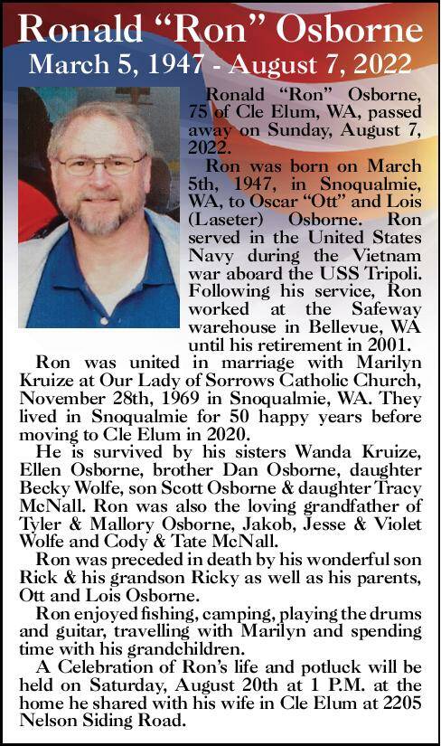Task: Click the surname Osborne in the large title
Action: (353, 30)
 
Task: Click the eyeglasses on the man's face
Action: (101, 165)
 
